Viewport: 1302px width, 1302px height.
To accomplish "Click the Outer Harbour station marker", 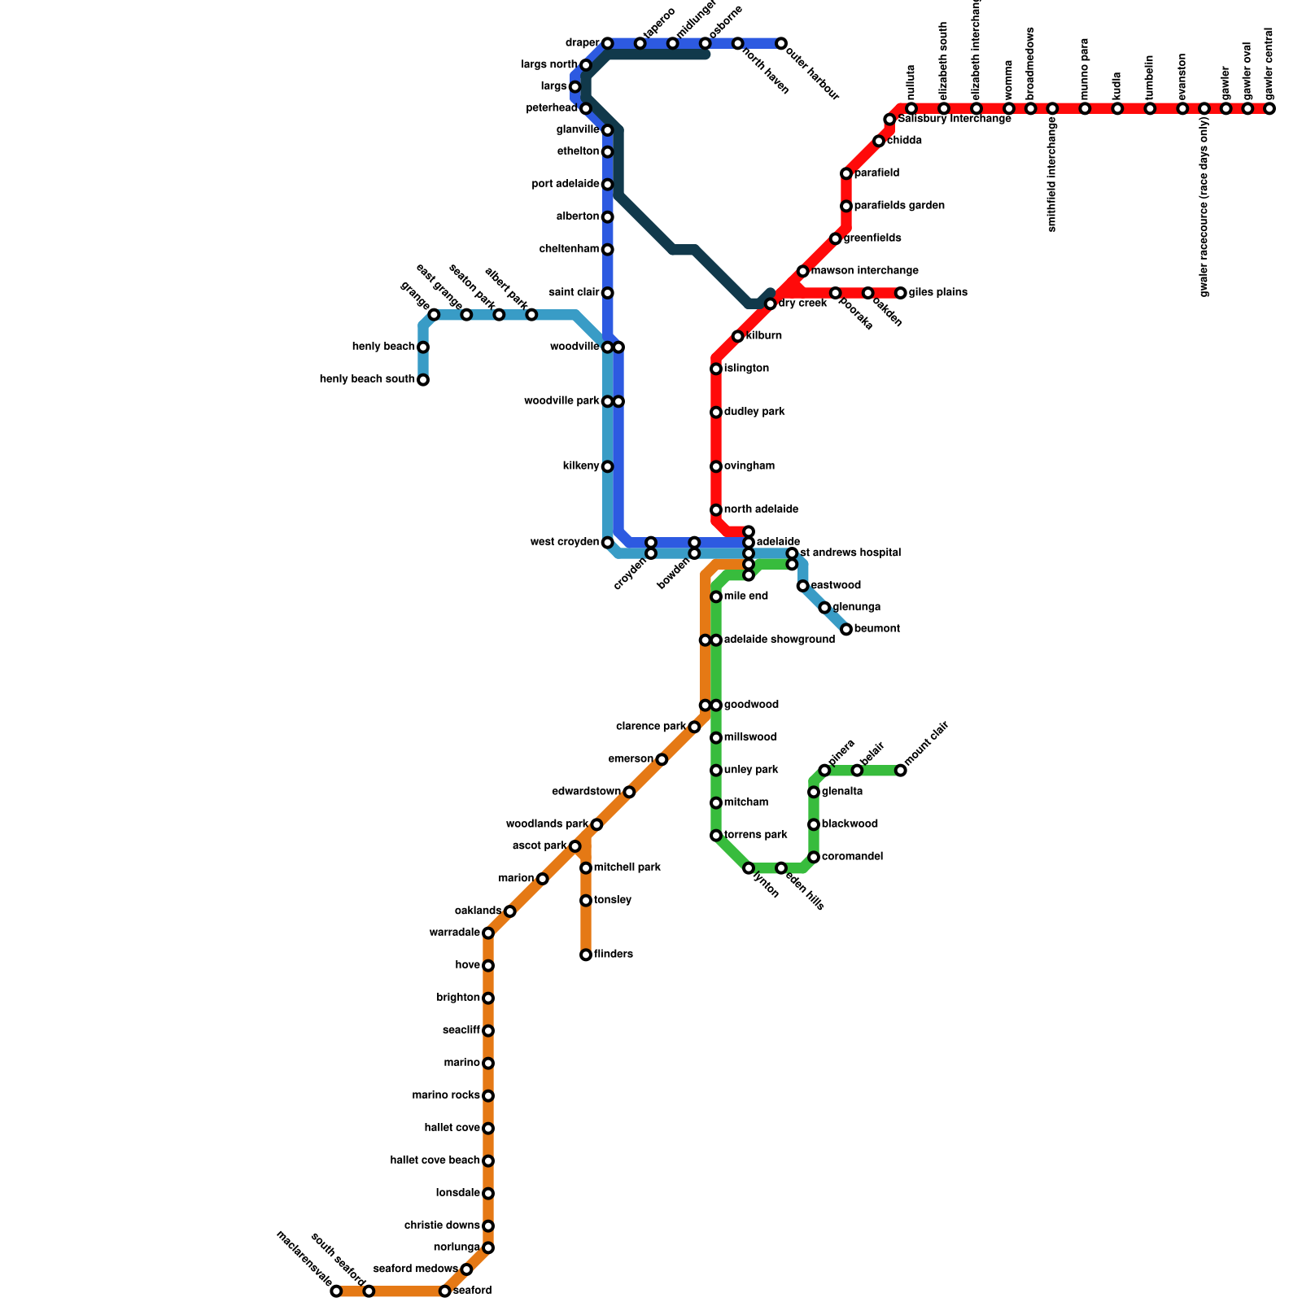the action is click(780, 43).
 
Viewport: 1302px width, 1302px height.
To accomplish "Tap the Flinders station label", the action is click(613, 955).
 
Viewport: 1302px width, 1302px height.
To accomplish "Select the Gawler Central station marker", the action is click(1269, 109).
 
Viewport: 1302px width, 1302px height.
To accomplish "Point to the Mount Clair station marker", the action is click(900, 770).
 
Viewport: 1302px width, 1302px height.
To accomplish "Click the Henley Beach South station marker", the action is click(423, 380).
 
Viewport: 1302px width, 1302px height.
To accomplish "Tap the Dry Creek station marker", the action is click(770, 304).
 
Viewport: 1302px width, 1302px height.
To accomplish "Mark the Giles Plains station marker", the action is click(900, 293).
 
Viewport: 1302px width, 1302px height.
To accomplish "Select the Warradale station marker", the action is click(488, 933).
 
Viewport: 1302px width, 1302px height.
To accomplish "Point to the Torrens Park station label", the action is click(755, 835).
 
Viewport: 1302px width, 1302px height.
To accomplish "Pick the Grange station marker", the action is click(434, 315).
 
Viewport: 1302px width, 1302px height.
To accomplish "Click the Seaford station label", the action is click(472, 1291).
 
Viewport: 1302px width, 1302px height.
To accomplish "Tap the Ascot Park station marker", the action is click(575, 846).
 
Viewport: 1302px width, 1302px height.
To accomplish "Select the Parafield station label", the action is click(876, 173).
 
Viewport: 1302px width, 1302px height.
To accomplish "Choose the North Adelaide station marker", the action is click(716, 510).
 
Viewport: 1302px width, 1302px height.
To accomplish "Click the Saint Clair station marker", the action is click(607, 293).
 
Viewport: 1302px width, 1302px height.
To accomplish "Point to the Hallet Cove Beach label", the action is click(435, 1160).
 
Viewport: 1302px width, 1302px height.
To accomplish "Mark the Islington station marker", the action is click(716, 369).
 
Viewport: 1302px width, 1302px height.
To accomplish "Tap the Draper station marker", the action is click(607, 43).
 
